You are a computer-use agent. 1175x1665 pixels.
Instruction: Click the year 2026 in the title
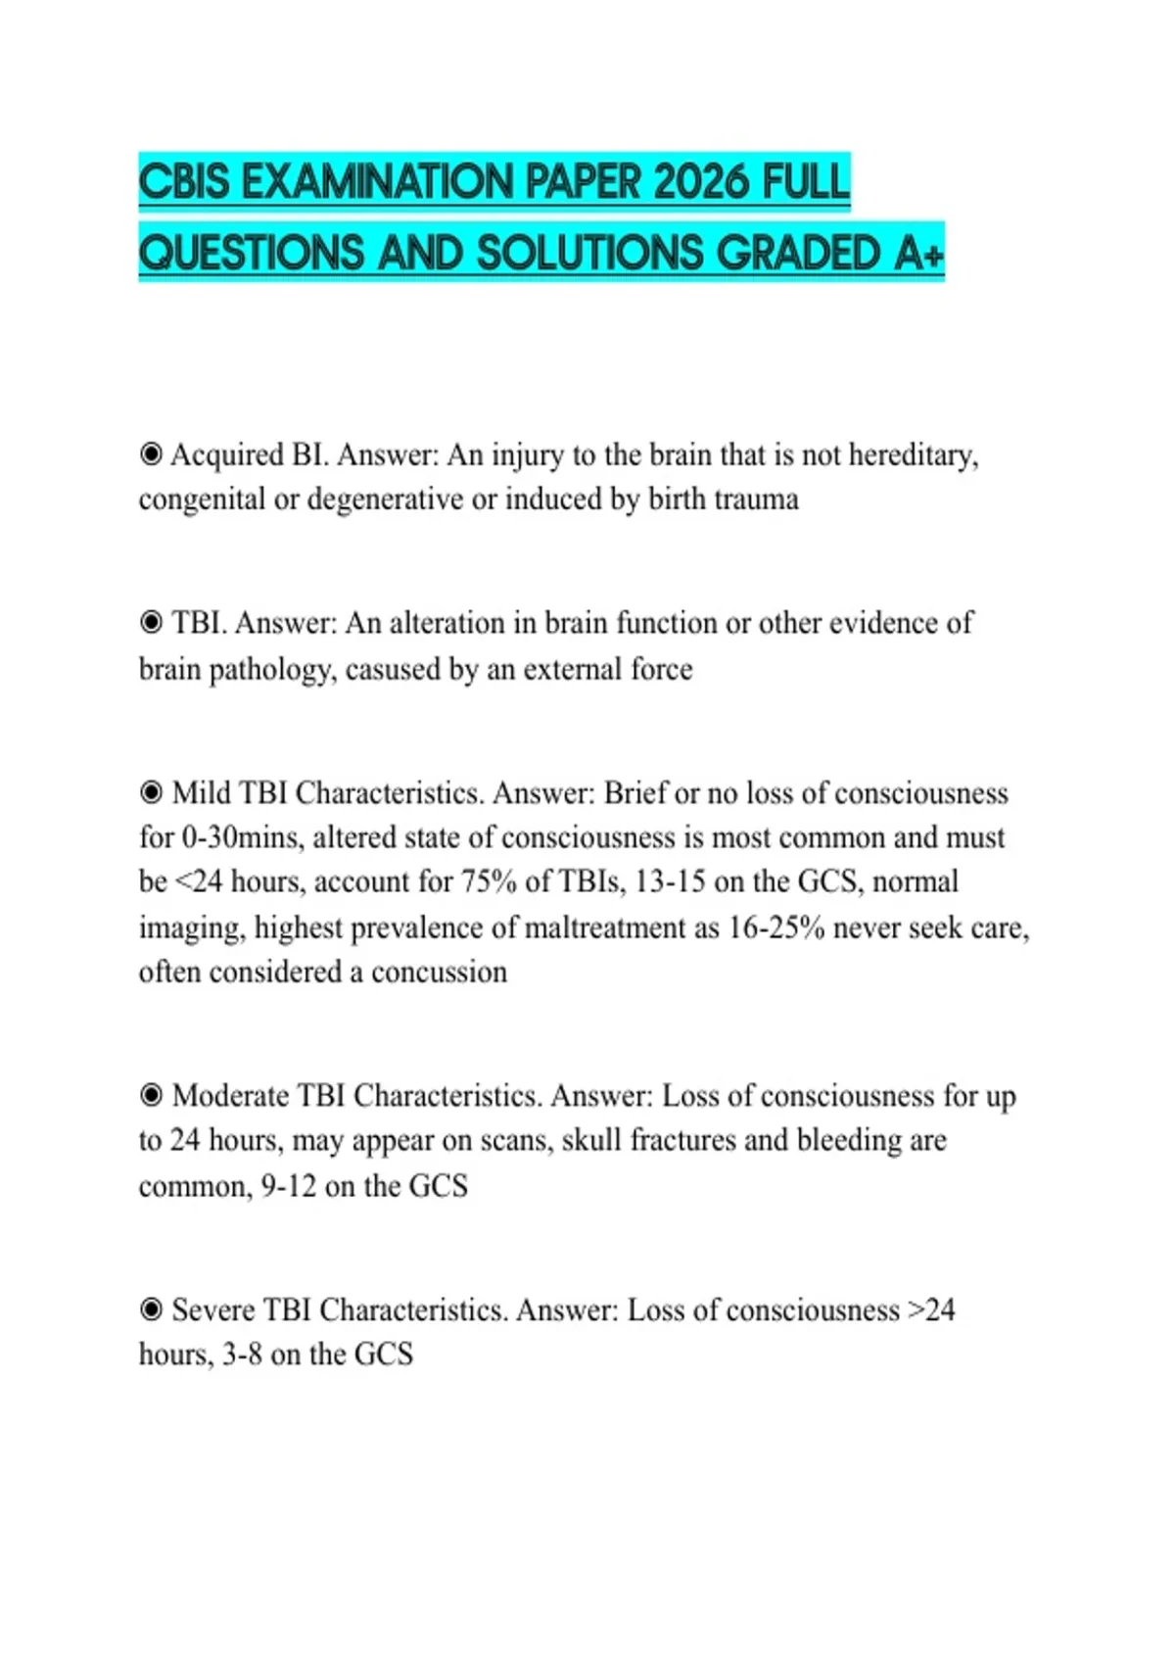pos(700,182)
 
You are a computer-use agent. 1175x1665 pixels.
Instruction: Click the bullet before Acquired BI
pos(151,454)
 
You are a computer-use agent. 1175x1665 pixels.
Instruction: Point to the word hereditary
pos(913,455)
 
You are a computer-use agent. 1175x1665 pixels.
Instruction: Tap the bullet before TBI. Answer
pos(151,623)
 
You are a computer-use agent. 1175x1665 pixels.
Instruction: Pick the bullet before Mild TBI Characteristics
pos(151,792)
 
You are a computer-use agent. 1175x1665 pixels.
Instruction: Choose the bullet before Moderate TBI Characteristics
pos(151,1095)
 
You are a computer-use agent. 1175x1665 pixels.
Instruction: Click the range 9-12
pos(289,1186)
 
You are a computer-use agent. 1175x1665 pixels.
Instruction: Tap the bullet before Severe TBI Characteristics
pos(151,1309)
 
